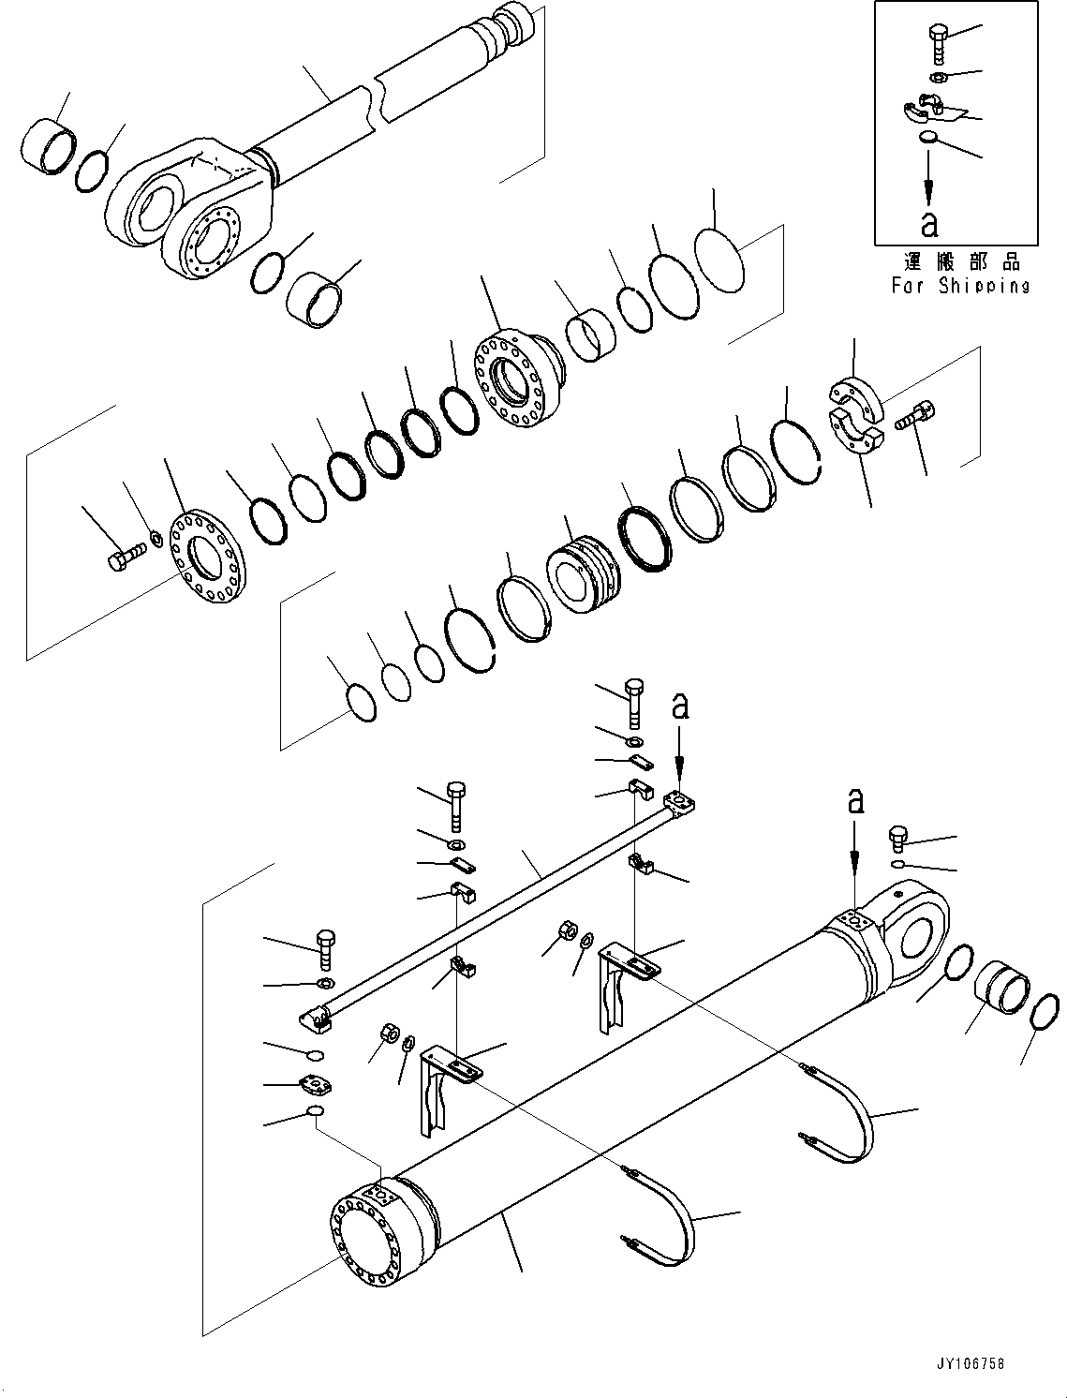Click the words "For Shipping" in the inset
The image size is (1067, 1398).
pyautogui.click(x=960, y=286)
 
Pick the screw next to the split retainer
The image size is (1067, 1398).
pyautogui.click(x=914, y=415)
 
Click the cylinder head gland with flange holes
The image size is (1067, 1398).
pyautogui.click(x=517, y=375)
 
